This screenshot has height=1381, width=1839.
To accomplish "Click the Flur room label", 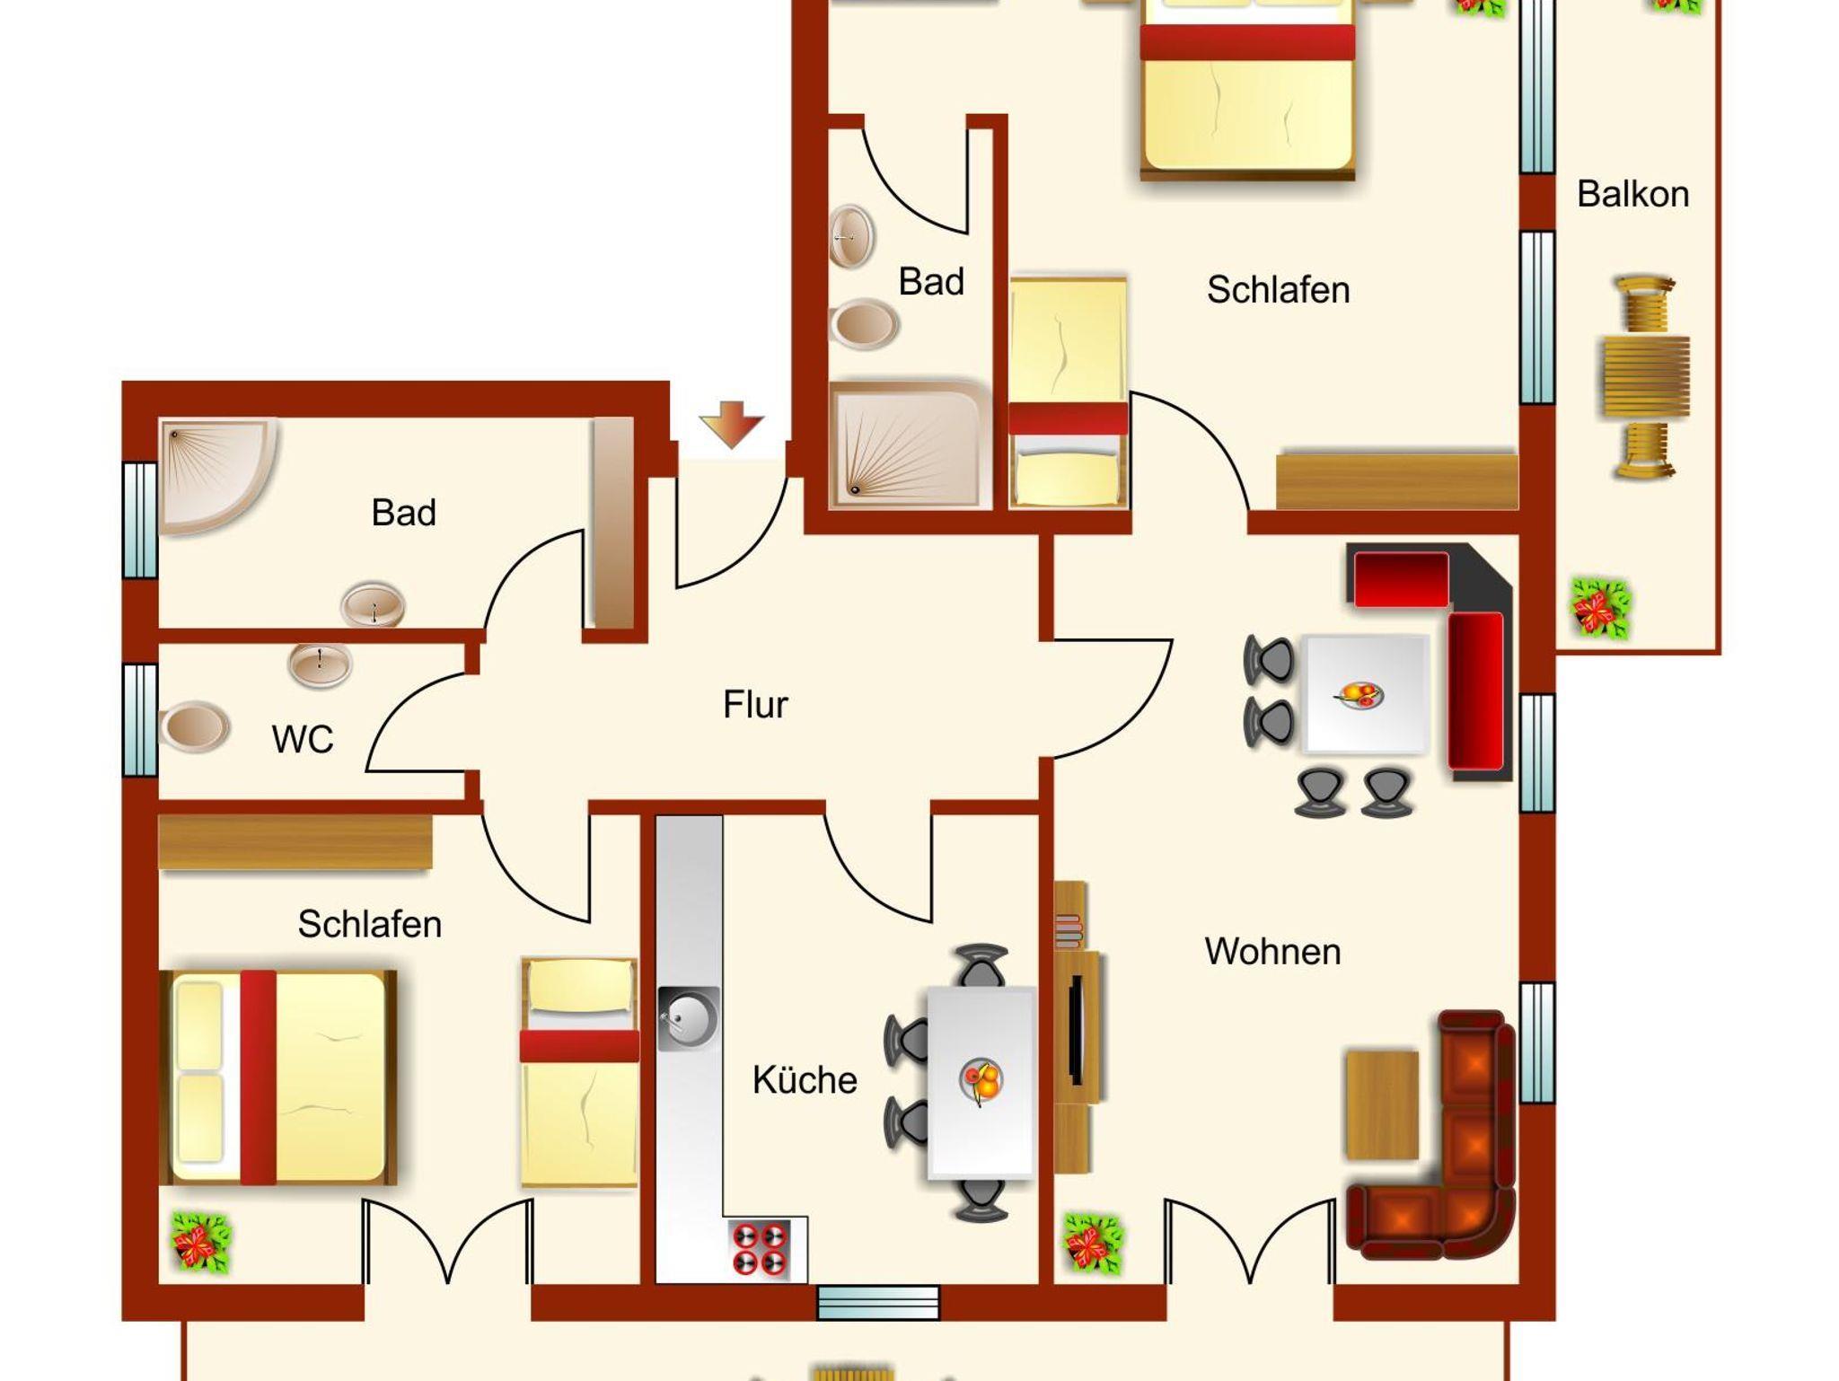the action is point(755,705).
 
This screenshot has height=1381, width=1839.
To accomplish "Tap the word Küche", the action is point(805,1079).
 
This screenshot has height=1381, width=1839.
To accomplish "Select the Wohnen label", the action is point(1272,952).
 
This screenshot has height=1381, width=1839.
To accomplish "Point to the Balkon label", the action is point(1632,194).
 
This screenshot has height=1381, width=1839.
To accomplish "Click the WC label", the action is point(303,740).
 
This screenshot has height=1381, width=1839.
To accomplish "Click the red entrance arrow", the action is point(732,425).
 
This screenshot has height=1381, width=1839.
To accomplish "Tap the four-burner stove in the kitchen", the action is point(761,1249).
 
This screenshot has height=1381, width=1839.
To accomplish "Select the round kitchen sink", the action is point(689,1017).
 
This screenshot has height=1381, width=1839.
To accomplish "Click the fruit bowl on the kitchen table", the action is point(981,1079).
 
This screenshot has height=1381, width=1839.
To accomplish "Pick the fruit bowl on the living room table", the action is point(1359,694).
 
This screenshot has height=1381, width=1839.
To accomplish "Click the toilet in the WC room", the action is point(193,726).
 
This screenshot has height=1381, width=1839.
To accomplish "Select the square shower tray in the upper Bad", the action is point(910,445).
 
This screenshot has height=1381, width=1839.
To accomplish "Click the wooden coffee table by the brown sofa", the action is point(1382,1104).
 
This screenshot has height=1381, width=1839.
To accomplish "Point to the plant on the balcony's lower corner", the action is point(1600,608).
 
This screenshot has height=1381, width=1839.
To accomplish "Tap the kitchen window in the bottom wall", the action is point(877,1303).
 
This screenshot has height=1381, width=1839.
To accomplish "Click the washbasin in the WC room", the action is point(320,664).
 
